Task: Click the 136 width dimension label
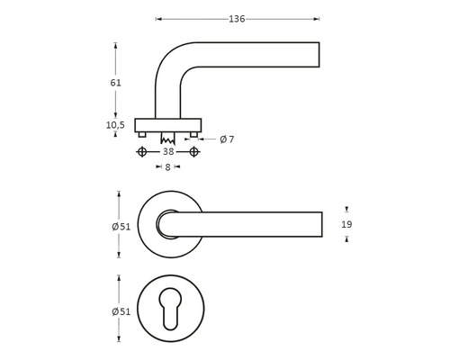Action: click(237, 19)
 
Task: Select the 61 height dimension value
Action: click(115, 82)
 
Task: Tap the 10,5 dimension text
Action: click(115, 125)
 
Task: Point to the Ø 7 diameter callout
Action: click(227, 139)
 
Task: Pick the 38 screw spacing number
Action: click(167, 152)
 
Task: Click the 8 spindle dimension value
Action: click(167, 167)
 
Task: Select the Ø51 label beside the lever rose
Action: click(121, 226)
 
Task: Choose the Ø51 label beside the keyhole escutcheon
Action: click(121, 311)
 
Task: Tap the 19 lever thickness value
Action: click(346, 224)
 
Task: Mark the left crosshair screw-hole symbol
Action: click(140, 152)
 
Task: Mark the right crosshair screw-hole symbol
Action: click(194, 152)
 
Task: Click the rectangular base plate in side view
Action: click(167, 124)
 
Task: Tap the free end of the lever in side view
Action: click(316, 54)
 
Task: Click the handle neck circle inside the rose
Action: click(167, 224)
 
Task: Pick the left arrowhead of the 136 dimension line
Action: click(158, 19)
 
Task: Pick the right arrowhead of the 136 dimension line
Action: click(316, 19)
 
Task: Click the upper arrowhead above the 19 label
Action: click(346, 209)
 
